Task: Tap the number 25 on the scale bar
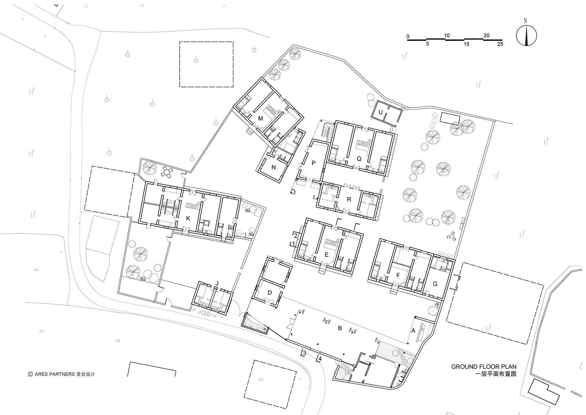(x=500, y=44)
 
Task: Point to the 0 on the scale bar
(x=408, y=37)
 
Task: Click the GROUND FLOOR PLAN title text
(x=484, y=367)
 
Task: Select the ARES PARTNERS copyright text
(x=61, y=374)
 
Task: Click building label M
(x=260, y=119)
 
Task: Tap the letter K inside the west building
(x=188, y=219)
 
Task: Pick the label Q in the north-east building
(x=359, y=159)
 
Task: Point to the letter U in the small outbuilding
(x=381, y=112)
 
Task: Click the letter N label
(x=274, y=167)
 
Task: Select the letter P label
(x=313, y=163)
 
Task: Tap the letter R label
(x=349, y=200)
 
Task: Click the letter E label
(x=326, y=255)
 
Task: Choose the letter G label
(x=435, y=284)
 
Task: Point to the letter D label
(x=270, y=293)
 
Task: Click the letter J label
(x=217, y=283)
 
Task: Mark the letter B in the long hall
(x=340, y=328)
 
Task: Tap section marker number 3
(x=305, y=353)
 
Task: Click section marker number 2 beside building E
(x=296, y=235)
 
